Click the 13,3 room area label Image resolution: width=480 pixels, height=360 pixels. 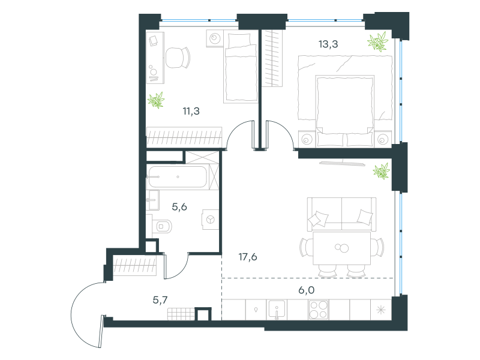click(328, 44)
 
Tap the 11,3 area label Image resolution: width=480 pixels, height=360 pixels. click(191, 111)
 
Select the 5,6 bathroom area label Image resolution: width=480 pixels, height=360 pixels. click(179, 207)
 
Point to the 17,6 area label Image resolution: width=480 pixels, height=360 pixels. click(248, 257)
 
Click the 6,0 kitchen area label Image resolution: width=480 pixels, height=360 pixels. click(307, 290)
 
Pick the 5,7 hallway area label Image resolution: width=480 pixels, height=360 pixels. click(160, 300)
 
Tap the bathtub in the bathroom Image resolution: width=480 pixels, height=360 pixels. click(178, 177)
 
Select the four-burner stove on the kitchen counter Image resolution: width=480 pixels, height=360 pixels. click(319, 310)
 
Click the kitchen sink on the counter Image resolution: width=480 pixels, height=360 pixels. click(277, 310)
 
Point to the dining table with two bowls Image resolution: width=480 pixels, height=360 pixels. click(341, 248)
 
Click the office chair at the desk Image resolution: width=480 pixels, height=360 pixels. click(178, 57)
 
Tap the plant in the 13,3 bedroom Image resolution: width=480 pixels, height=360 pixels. click(377, 41)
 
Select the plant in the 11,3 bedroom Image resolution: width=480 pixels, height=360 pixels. click(156, 100)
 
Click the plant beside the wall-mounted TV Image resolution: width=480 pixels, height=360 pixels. click(382, 171)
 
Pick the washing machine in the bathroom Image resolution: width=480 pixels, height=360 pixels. click(211, 220)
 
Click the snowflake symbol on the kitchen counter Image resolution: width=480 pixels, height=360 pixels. click(381, 310)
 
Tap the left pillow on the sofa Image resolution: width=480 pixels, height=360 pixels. click(319, 219)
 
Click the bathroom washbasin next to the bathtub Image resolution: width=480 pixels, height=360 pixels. click(152, 200)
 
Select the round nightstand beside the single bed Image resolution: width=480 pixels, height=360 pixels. click(215, 38)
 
